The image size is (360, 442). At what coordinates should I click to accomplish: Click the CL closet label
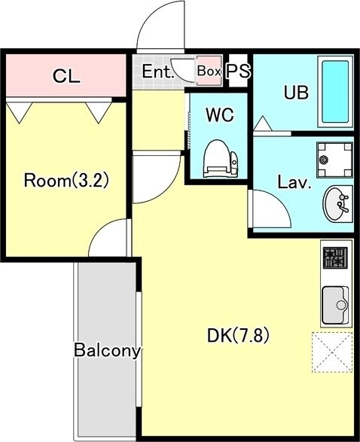tap(66, 76)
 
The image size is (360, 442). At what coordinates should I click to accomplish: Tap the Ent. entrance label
tap(157, 72)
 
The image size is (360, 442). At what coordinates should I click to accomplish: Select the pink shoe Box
tap(209, 71)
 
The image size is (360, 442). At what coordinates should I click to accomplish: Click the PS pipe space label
tap(239, 71)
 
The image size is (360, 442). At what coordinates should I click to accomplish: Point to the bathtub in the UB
tap(335, 92)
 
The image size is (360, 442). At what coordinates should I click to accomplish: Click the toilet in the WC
tap(220, 159)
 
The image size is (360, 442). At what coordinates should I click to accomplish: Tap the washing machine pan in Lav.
tap(334, 160)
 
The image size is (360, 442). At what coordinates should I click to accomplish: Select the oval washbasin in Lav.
tap(337, 203)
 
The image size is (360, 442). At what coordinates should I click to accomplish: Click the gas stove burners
tap(335, 258)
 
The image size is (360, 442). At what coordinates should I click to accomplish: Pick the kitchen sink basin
tap(335, 305)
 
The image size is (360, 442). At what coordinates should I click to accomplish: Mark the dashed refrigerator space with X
tap(332, 352)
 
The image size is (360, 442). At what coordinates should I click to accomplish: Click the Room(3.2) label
tap(66, 181)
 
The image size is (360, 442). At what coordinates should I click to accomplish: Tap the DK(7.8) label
tap(238, 336)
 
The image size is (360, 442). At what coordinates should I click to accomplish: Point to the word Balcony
tap(107, 350)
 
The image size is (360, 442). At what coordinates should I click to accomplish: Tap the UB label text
tap(296, 93)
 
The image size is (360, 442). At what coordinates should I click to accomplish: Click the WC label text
tap(220, 114)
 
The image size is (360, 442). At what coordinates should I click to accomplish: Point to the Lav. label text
tap(294, 182)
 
